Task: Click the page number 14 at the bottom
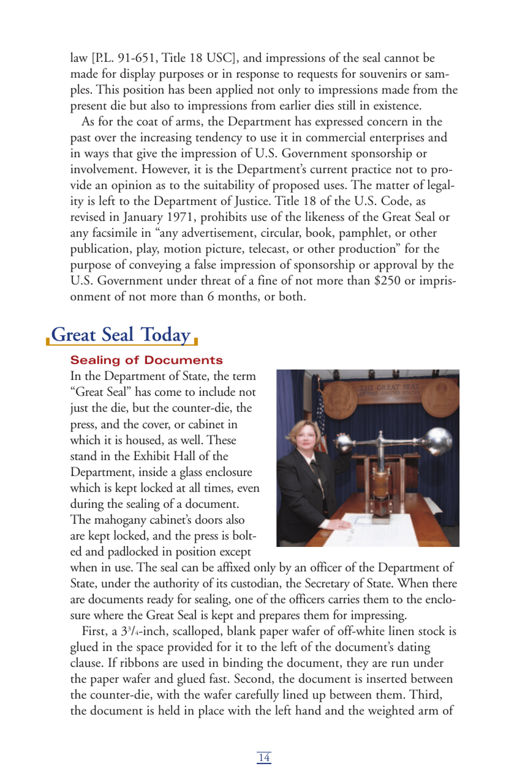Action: tap(264, 757)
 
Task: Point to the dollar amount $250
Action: tap(387, 280)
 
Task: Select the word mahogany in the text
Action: tap(119, 520)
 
